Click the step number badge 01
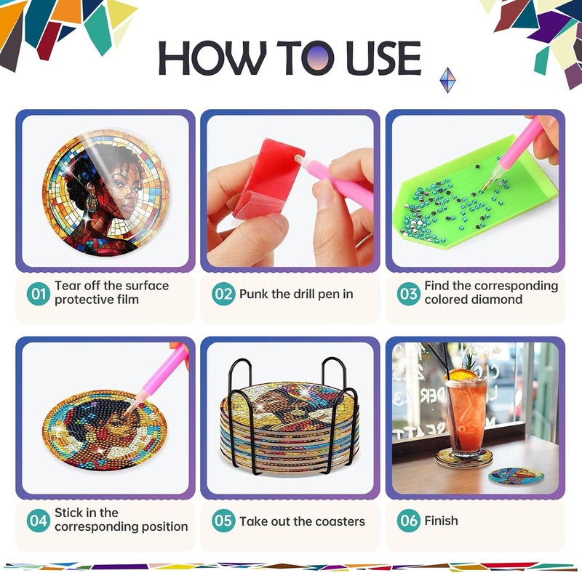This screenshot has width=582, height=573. tap(39, 294)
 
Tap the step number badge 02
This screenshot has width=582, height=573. tap(223, 294)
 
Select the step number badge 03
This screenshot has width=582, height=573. tap(408, 294)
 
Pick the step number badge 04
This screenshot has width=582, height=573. tap(39, 521)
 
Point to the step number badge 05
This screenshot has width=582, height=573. tap(223, 521)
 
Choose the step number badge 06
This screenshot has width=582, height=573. tap(408, 521)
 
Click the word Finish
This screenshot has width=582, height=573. tap(441, 521)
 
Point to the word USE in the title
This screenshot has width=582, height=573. tap(383, 57)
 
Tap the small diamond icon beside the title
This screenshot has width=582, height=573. tap(447, 80)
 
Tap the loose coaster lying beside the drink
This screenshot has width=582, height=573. tap(516, 476)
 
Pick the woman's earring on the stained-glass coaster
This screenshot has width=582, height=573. tap(90, 204)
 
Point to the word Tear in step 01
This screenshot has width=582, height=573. tap(68, 286)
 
